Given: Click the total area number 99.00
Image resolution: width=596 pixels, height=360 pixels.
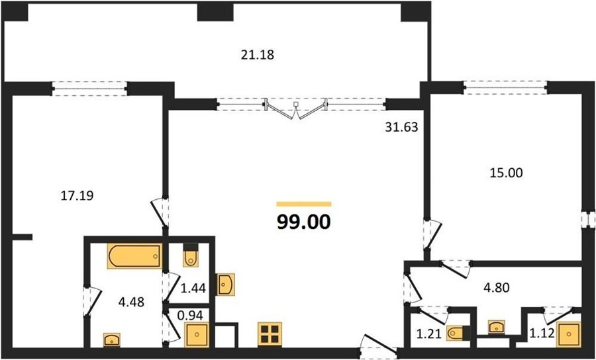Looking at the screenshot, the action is point(304,222).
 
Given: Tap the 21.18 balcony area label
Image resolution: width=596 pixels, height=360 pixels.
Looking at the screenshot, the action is point(258,56).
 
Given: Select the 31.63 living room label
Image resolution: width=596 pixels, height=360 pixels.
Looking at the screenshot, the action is point(401,127).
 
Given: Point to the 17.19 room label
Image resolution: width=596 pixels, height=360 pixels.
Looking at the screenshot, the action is point(77,196).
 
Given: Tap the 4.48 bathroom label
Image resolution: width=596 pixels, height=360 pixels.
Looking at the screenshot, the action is point(131,303).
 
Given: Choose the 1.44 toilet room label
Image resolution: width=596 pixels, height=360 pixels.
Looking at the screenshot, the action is point(193,289).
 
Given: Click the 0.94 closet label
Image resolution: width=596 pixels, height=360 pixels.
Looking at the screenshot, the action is point(191,314).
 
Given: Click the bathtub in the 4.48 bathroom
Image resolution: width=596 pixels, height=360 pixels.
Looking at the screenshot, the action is point(134,256).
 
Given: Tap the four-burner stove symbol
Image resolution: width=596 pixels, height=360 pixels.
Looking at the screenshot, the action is point(270,334).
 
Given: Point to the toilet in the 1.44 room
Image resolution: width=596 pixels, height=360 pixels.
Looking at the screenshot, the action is point(191,255).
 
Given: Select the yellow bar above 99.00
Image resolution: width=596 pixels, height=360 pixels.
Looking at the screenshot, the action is point(304,204).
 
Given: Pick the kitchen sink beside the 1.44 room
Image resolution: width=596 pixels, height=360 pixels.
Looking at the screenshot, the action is point(225,285).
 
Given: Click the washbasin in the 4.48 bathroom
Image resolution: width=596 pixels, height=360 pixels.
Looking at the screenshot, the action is point(112,340).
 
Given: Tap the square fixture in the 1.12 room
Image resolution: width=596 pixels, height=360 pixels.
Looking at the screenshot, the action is point(569,334).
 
